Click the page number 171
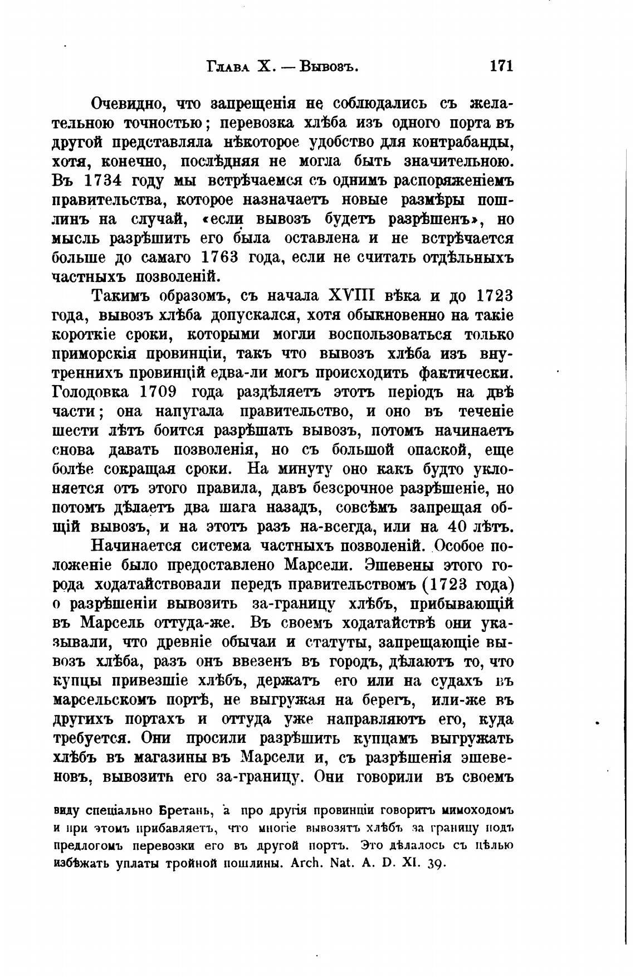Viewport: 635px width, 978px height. click(x=500, y=66)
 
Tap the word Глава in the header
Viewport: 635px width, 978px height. click(x=227, y=67)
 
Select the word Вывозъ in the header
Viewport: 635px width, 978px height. click(x=328, y=67)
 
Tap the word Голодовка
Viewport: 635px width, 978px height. click(x=90, y=392)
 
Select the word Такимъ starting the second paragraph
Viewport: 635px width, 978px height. click(x=117, y=296)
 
